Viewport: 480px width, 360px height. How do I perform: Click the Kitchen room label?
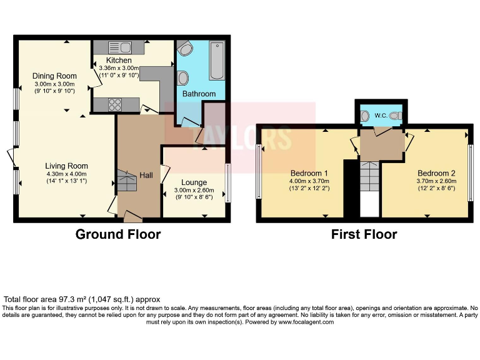(119, 60)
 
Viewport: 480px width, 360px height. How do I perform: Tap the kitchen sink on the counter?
(117, 47)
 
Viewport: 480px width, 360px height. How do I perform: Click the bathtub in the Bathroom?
(217, 61)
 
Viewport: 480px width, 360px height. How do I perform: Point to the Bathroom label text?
(199, 94)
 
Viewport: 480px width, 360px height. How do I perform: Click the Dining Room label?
(54, 76)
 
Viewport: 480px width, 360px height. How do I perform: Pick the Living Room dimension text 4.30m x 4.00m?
(66, 174)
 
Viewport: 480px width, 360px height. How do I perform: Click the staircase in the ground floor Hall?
(127, 182)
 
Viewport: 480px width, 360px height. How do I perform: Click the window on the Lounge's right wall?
(227, 182)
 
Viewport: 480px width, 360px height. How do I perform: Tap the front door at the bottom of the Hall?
(132, 217)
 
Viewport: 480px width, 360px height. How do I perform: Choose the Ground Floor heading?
(118, 234)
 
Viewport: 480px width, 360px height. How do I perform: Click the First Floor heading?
(364, 234)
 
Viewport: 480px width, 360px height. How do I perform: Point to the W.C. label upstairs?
(381, 116)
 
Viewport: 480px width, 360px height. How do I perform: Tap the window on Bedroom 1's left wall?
(259, 172)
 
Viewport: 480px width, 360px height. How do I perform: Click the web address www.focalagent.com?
(306, 322)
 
